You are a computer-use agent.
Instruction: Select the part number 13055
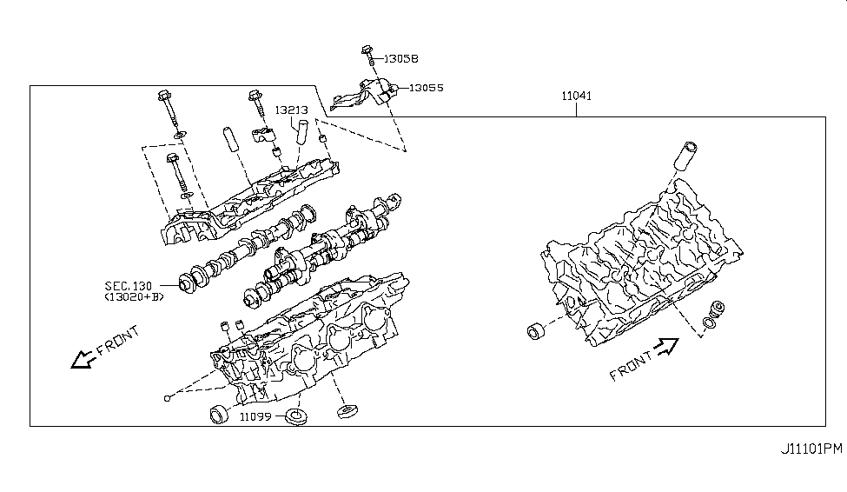point(427,88)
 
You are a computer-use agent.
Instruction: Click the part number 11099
point(256,417)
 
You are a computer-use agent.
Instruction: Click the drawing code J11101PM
point(809,449)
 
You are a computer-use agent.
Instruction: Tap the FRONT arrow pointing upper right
point(665,349)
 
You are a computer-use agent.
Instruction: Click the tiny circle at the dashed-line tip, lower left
point(166,399)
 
